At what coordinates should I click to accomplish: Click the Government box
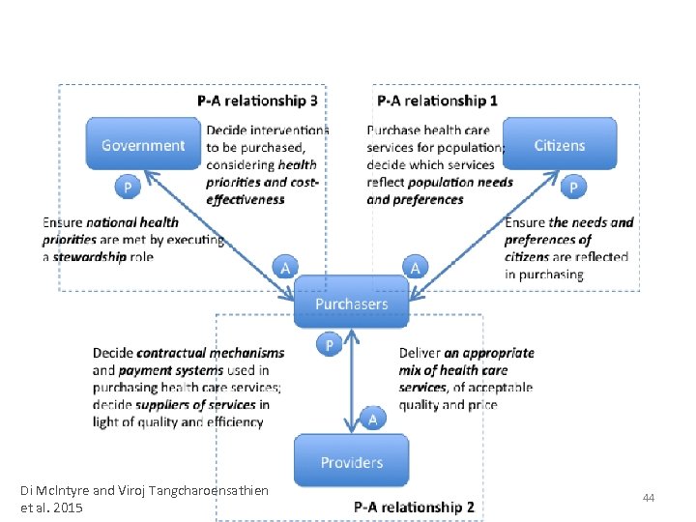[x=143, y=145]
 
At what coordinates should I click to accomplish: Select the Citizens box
[x=560, y=145]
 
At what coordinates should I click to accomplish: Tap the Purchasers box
[x=351, y=304]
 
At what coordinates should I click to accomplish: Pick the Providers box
[x=351, y=462]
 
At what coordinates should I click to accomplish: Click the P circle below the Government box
[x=126, y=186]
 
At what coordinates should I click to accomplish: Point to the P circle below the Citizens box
[x=575, y=186]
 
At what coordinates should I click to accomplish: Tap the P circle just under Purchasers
[x=329, y=344]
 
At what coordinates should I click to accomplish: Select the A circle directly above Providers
[x=374, y=419]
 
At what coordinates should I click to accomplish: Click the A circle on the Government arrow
[x=285, y=267]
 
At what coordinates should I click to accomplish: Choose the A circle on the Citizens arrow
[x=415, y=267]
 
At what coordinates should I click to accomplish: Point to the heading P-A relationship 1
[x=438, y=100]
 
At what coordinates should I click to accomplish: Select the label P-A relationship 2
[x=414, y=507]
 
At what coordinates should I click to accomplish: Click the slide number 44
[x=649, y=497]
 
